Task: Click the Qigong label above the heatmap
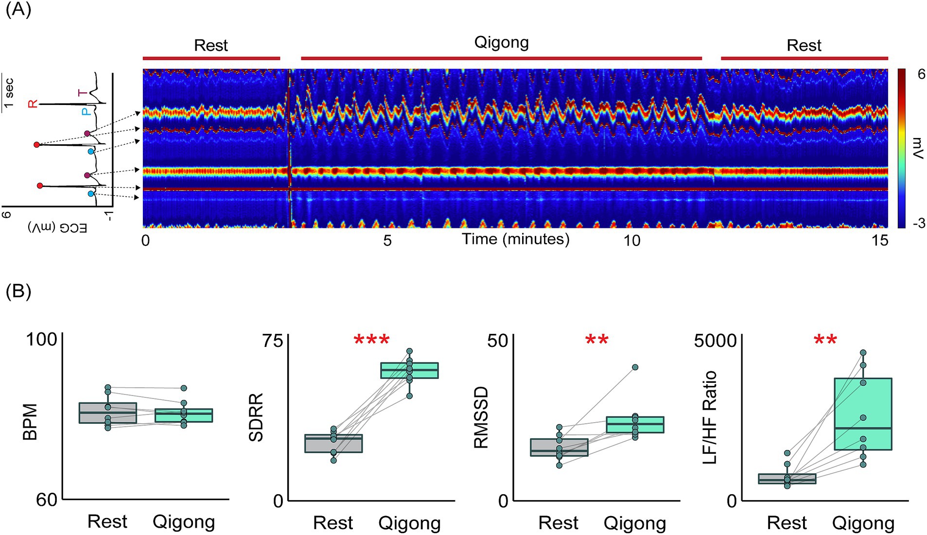tap(501, 43)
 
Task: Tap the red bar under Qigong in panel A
tap(501, 58)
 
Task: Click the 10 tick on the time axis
tap(631, 240)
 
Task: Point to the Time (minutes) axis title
tap(515, 239)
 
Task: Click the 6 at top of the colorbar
tap(921, 74)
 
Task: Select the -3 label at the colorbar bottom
tap(918, 224)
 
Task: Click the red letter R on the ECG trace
tap(33, 104)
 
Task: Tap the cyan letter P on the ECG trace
tap(86, 112)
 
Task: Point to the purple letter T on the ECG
tap(83, 92)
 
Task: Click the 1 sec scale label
tap(9, 92)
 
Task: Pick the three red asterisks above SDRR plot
tap(371, 340)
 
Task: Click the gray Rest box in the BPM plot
tap(107, 413)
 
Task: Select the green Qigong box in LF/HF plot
tap(862, 414)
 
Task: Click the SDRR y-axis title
tap(256, 417)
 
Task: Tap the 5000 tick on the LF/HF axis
tap(715, 341)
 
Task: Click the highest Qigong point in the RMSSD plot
tap(635, 367)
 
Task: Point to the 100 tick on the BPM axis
tap(41, 339)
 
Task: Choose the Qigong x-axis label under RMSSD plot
tap(634, 523)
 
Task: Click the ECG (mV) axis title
tap(57, 227)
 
